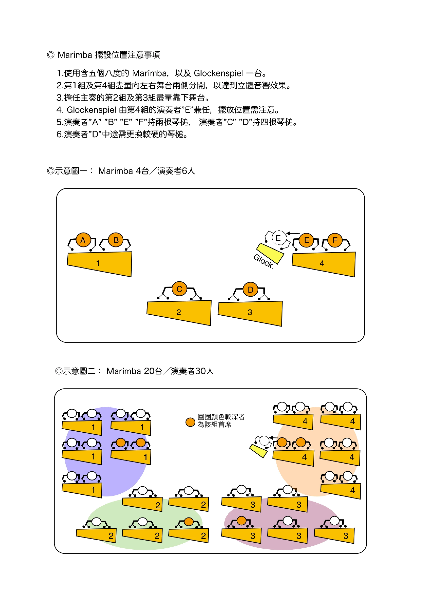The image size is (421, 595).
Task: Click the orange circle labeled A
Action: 83,240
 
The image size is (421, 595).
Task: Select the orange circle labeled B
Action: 116,240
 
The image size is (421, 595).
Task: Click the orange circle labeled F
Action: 335,240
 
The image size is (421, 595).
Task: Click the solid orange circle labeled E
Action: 306,240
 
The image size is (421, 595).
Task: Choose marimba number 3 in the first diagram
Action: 250,313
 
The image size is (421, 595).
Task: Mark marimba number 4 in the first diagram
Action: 324,264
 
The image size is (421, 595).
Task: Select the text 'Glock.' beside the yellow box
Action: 263,261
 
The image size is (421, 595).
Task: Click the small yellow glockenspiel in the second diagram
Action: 258,451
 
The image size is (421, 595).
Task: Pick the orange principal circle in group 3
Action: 242,521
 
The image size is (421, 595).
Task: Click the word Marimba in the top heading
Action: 75,55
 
